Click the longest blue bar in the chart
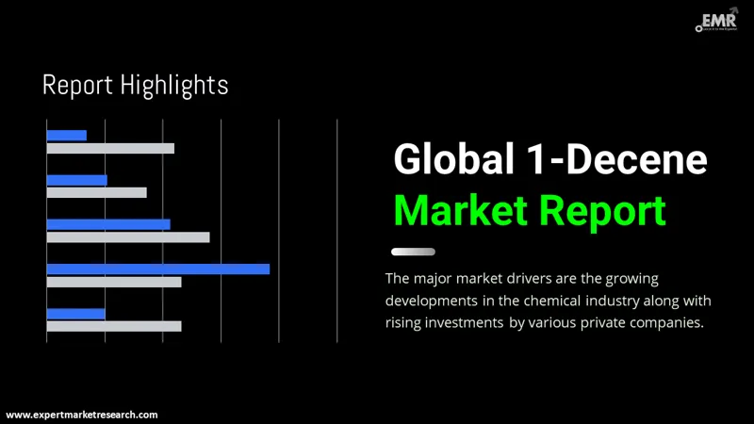click(x=158, y=269)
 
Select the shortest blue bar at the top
click(x=67, y=136)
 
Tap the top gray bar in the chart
click(x=110, y=148)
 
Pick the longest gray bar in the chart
click(x=128, y=237)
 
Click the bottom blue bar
click(x=76, y=314)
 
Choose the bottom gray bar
click(x=114, y=326)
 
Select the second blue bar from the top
click(x=77, y=180)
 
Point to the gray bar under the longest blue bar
click(x=114, y=282)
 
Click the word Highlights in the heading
click(x=174, y=85)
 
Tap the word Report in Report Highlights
click(x=78, y=85)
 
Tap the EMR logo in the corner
click(x=717, y=21)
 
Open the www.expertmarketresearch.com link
click(x=83, y=415)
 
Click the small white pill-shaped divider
click(x=413, y=252)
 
